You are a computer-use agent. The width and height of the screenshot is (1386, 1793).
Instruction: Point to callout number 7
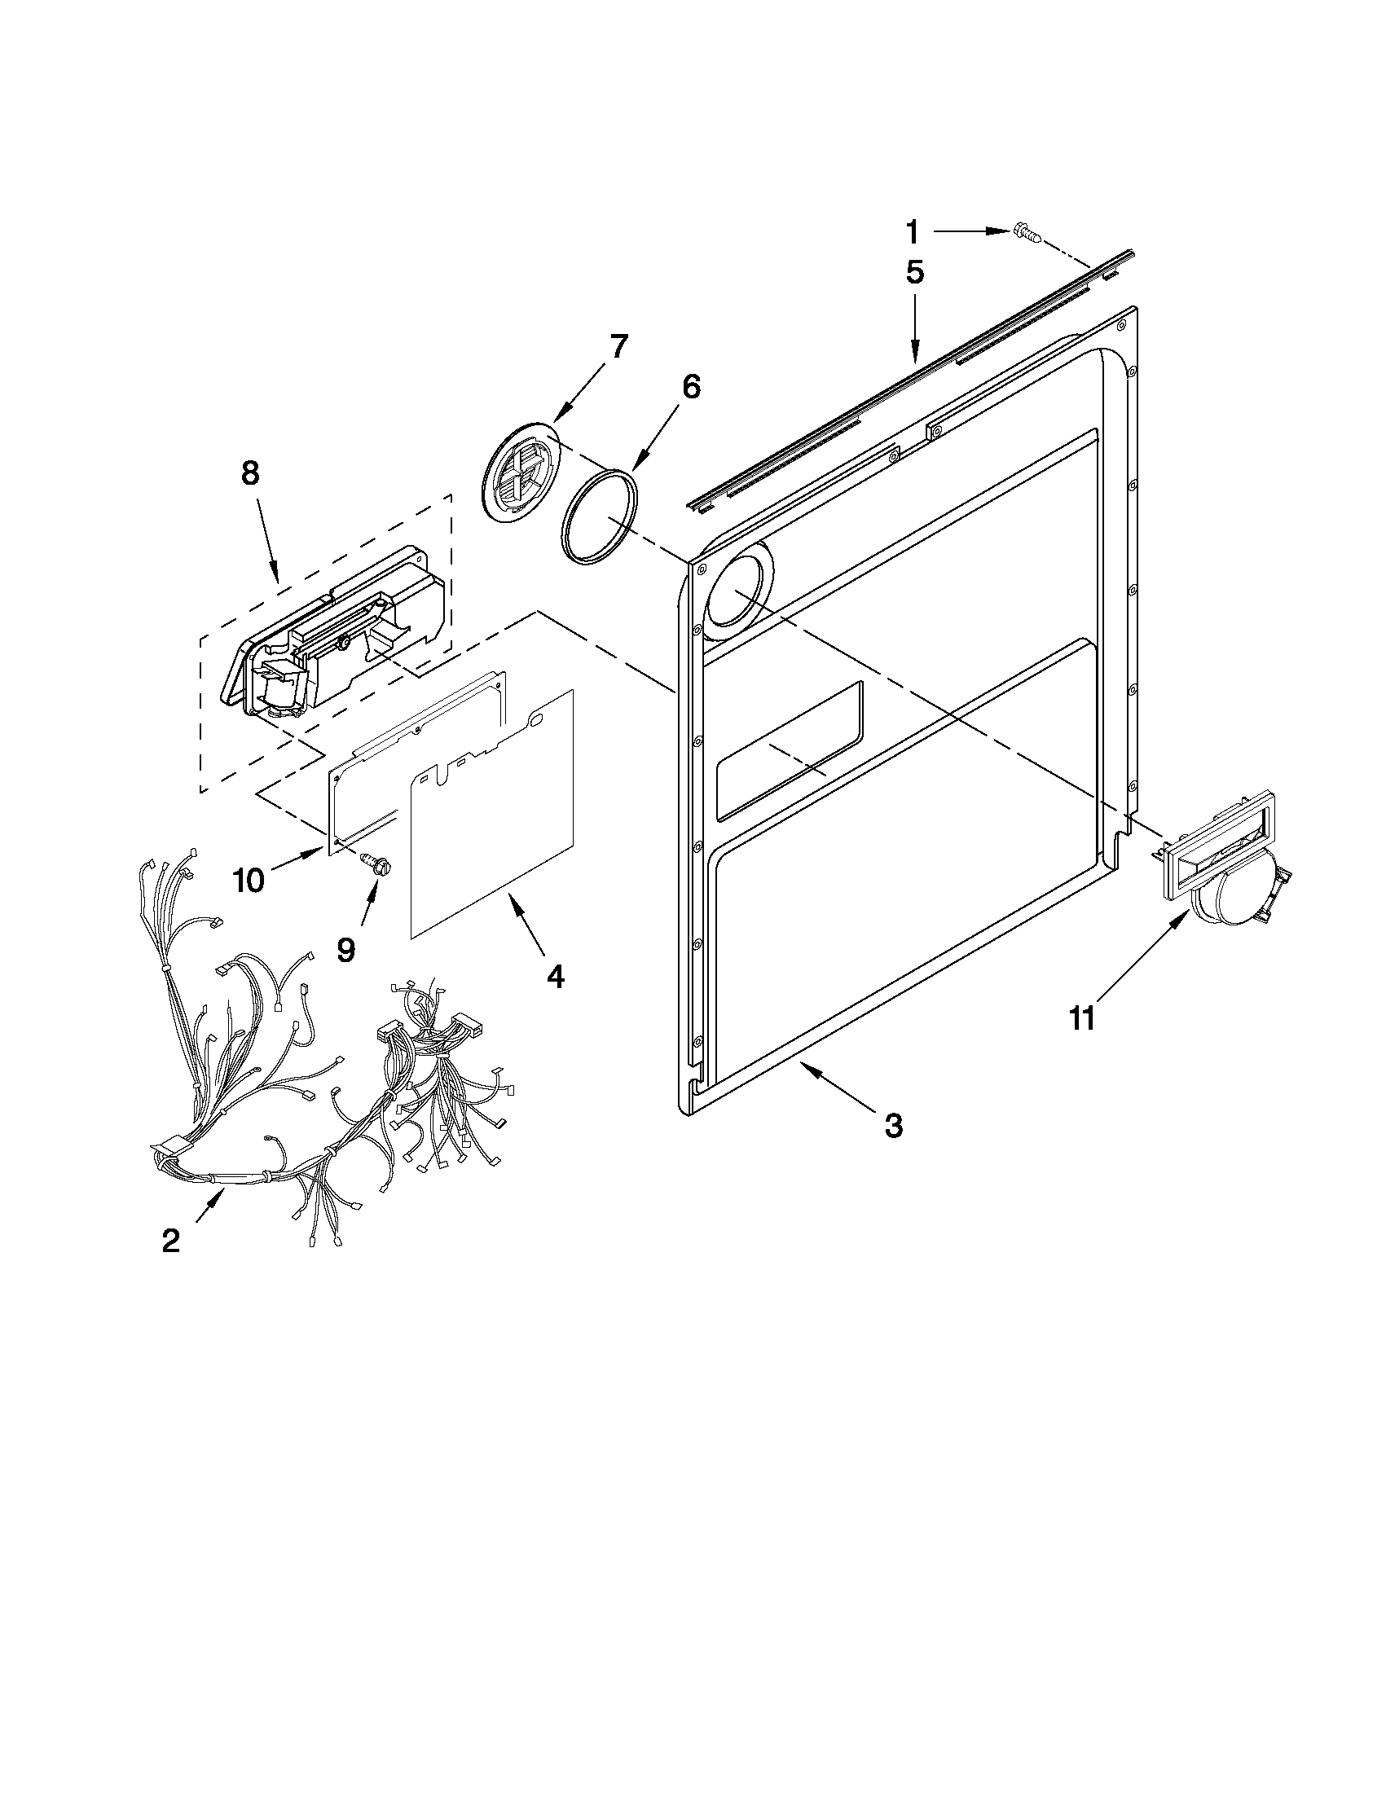click(x=617, y=346)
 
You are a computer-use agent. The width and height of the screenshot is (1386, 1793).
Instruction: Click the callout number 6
click(x=691, y=386)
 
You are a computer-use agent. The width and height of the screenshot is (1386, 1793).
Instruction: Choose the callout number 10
click(x=249, y=880)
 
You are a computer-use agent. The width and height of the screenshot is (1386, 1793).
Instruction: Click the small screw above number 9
click(x=376, y=861)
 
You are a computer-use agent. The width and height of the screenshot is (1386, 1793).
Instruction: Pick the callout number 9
click(x=345, y=949)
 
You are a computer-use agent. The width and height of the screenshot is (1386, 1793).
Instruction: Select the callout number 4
click(x=555, y=975)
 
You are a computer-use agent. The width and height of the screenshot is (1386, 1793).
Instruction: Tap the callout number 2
click(x=170, y=1240)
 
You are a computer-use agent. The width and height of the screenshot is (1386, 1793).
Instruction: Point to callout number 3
click(x=894, y=1125)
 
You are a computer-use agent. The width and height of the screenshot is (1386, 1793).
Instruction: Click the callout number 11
click(x=1082, y=1019)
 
